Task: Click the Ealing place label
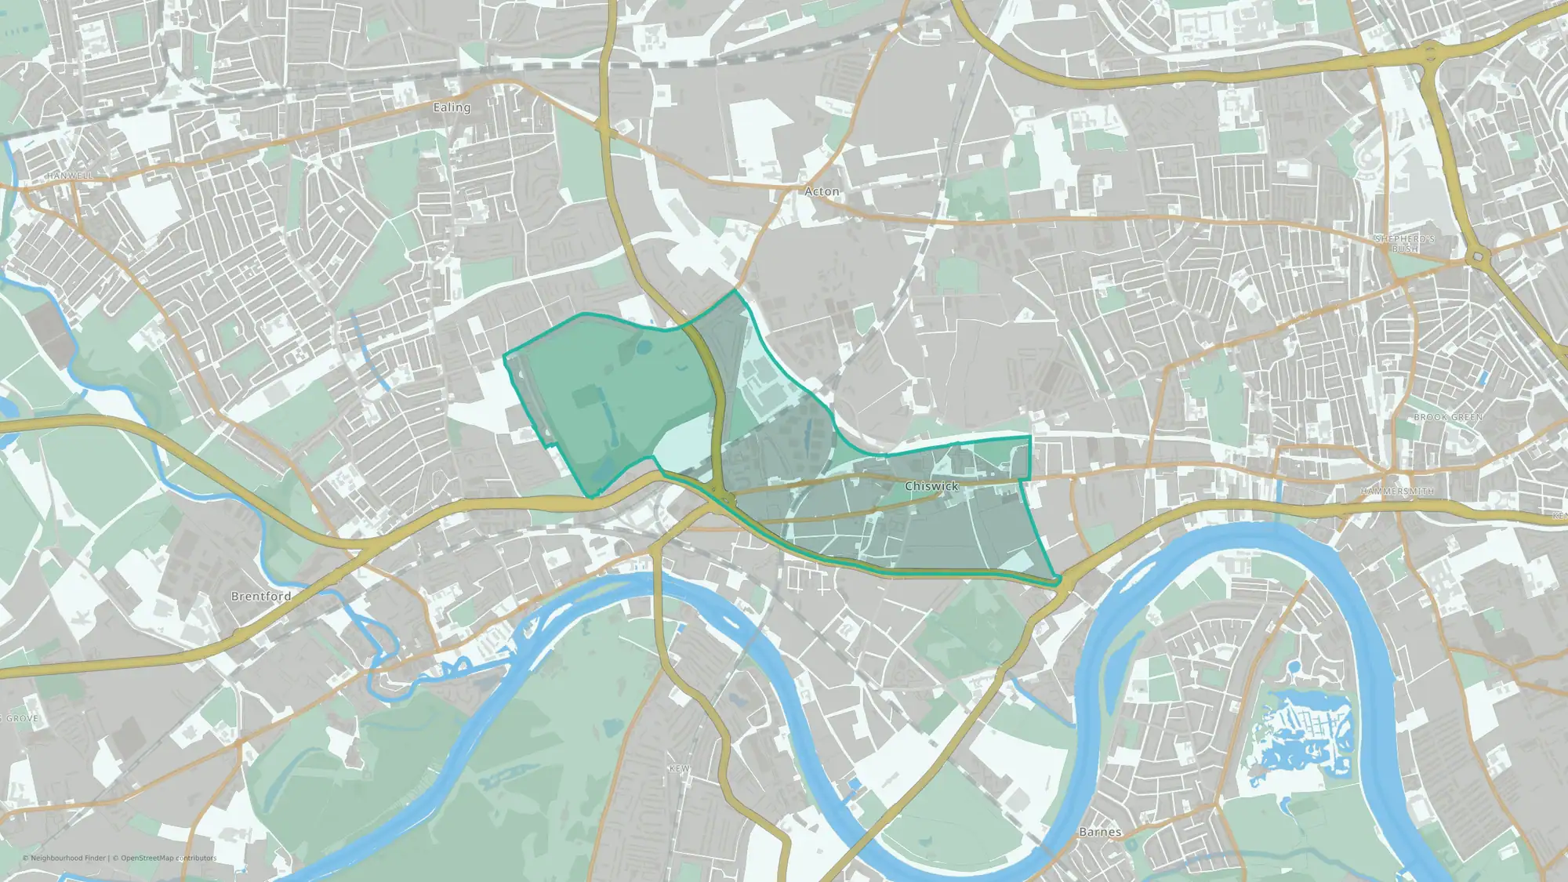point(452,107)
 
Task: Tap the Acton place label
point(822,191)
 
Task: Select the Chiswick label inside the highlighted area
point(931,486)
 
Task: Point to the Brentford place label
point(261,596)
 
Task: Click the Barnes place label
point(1100,832)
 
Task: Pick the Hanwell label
point(70,176)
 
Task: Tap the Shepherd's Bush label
point(1405,243)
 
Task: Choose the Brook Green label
point(1448,417)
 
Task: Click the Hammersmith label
point(1397,492)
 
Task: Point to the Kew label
point(679,768)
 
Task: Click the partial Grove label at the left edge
point(21,718)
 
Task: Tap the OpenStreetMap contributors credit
point(169,858)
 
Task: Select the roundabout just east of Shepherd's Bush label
point(1478,256)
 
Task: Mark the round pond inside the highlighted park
point(643,346)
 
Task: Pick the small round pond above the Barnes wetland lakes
point(1294,667)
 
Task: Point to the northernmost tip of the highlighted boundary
point(735,289)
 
